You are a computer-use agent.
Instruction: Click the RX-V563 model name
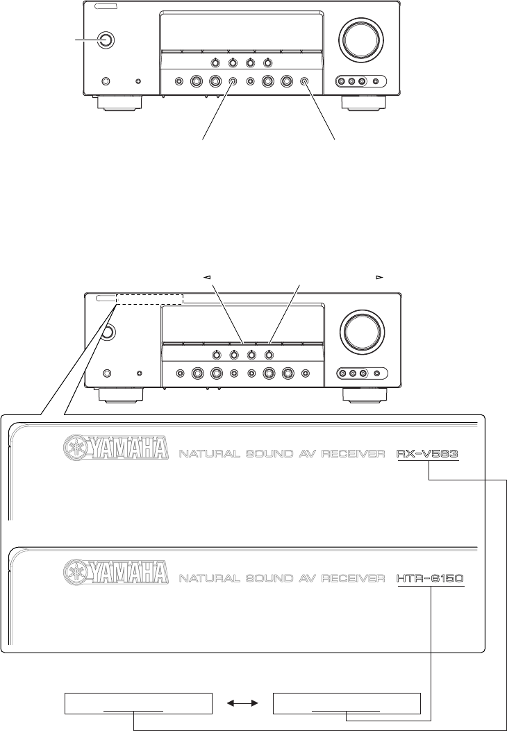click(428, 455)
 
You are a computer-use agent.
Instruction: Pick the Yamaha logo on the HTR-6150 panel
click(117, 571)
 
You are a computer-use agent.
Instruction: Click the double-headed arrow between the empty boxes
click(243, 704)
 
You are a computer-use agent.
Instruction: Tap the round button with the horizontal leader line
click(106, 40)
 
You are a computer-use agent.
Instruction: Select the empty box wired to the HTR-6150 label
click(347, 704)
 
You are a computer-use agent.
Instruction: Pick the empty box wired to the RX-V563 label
click(136, 704)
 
